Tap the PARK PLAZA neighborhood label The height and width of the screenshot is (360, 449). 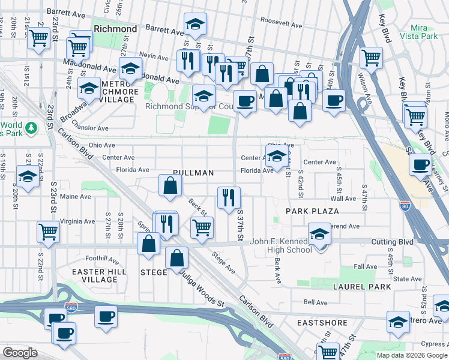click(x=312, y=211)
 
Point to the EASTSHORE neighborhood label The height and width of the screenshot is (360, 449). click(x=322, y=323)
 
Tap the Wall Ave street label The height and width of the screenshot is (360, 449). click(x=343, y=198)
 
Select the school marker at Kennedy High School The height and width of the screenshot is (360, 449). click(x=319, y=235)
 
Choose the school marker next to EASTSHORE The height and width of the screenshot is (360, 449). click(x=397, y=323)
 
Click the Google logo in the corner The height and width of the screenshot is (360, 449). click(x=20, y=353)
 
